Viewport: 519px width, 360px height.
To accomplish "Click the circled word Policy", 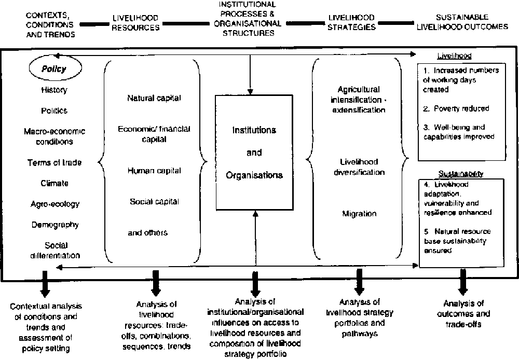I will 54,68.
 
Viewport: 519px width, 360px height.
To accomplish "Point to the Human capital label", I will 154,170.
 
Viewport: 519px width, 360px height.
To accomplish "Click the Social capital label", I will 154,201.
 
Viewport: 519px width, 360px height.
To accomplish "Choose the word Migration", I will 359,213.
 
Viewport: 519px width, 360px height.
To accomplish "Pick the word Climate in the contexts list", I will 54,183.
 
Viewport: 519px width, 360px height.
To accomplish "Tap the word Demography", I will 54,225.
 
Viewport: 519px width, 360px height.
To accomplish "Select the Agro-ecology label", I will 54,204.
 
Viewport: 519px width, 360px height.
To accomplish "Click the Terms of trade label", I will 54,162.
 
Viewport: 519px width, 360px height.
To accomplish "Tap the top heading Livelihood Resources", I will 135,23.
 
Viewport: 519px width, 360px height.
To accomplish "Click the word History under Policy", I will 54,90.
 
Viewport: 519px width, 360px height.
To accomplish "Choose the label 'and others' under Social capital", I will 147,232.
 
